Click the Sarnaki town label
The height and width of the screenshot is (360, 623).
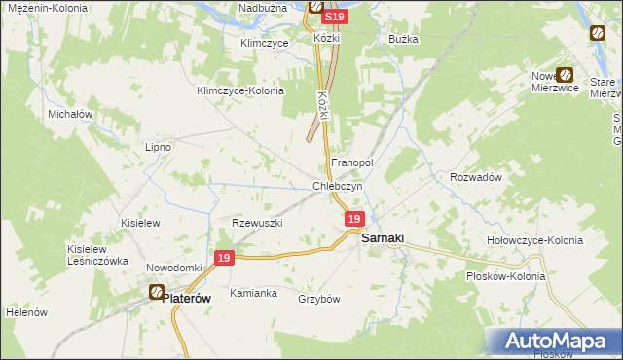click(x=383, y=237)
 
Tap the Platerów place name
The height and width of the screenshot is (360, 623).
click(x=190, y=300)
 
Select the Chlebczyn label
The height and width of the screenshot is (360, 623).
click(x=338, y=186)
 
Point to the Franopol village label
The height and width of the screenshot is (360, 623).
click(x=352, y=162)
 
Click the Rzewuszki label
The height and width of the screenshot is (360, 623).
click(x=257, y=223)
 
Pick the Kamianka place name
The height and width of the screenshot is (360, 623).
click(x=253, y=293)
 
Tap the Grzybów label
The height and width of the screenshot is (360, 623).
click(x=318, y=299)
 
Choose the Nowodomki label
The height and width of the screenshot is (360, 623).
click(x=173, y=268)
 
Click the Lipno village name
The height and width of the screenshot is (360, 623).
click(x=158, y=147)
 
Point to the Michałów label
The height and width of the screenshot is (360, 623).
click(x=70, y=114)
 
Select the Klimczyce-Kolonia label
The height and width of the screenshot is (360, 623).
click(x=240, y=90)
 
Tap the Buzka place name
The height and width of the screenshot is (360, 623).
click(x=403, y=39)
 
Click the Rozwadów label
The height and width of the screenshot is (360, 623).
click(x=475, y=177)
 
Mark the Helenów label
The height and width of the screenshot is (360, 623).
click(x=26, y=312)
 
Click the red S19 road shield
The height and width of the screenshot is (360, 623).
click(x=334, y=18)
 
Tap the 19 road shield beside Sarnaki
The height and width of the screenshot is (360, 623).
click(x=354, y=221)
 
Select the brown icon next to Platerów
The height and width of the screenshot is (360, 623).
click(x=156, y=291)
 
